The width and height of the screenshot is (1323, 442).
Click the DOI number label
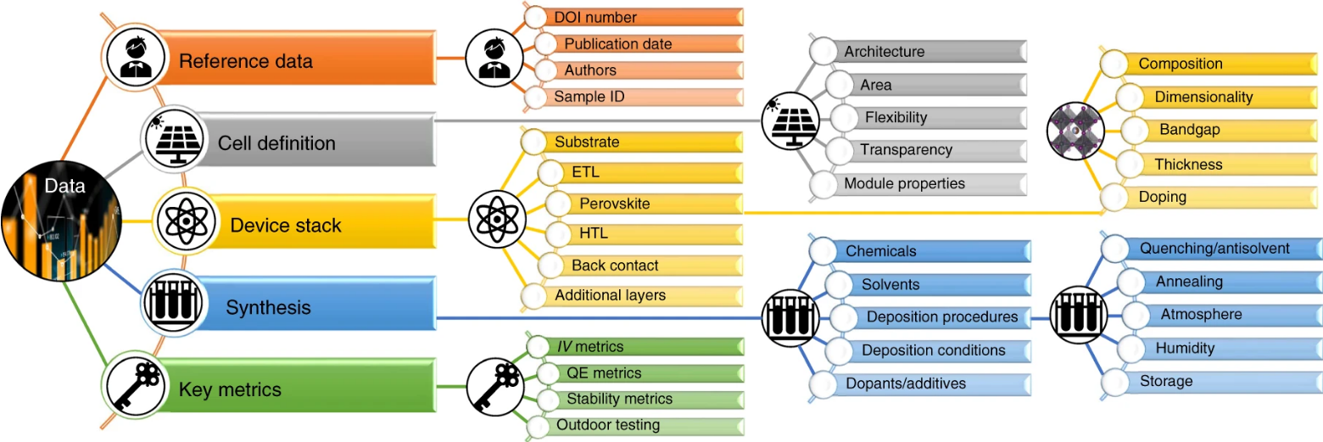point(595,17)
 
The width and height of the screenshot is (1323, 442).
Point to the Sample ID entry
point(589,97)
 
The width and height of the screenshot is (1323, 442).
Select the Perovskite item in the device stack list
point(615,204)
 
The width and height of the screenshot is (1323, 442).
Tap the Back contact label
point(615,266)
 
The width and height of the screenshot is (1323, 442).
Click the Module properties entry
point(904,183)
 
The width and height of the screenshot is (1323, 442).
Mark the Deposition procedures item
point(941,317)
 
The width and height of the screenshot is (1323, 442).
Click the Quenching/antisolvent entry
point(1214,249)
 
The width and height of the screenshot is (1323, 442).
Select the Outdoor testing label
point(607,425)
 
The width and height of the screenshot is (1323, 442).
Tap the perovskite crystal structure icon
point(1075,131)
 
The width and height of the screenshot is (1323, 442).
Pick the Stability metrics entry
point(619,399)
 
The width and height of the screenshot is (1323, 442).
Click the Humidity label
point(1185,348)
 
